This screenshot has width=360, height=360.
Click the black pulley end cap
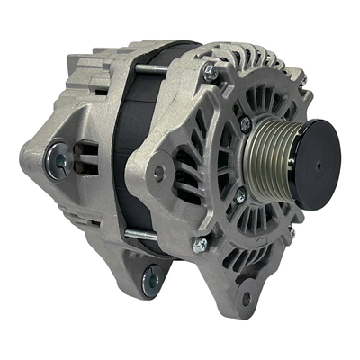pyautogui.click(x=310, y=165)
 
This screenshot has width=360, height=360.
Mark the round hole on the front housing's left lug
pyautogui.click(x=158, y=168)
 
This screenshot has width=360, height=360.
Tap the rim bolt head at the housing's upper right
pyautogui.click(x=302, y=82)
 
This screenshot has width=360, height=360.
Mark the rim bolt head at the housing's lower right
pyautogui.click(x=290, y=236)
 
